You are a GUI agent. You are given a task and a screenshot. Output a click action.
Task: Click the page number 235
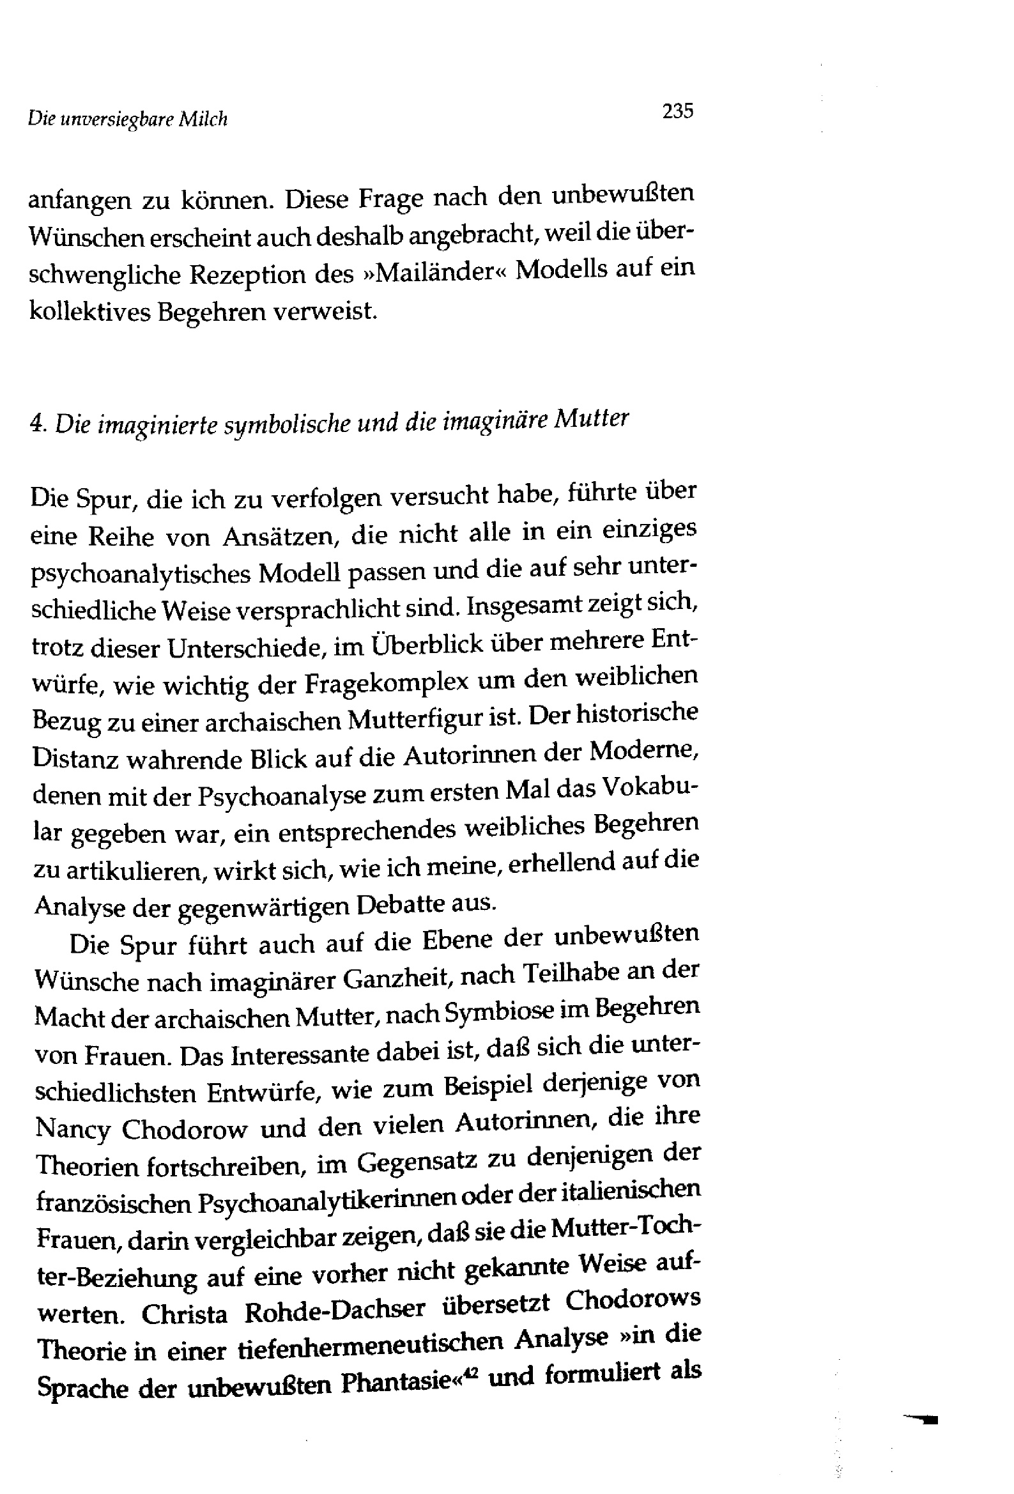pos(678,111)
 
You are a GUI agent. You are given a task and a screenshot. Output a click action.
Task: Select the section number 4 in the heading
pos(35,425)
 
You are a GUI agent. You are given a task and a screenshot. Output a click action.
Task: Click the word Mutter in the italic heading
pos(591,419)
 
